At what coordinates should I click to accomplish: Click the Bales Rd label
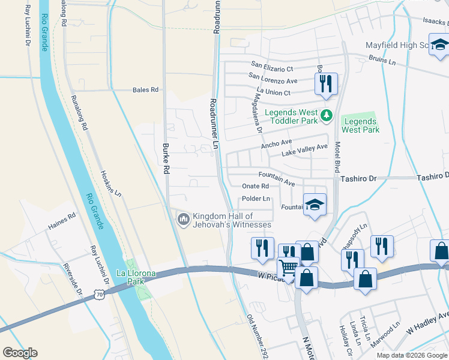[x=145, y=90]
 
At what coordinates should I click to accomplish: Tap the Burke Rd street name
[x=166, y=159]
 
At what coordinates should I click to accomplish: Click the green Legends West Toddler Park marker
[x=327, y=115]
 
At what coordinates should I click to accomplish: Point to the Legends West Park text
[x=360, y=125]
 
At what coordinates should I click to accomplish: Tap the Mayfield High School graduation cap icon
[x=439, y=45]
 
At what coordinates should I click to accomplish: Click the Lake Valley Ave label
[x=305, y=151]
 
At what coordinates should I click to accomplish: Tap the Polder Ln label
[x=257, y=199]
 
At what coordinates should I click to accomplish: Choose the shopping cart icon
[x=289, y=267]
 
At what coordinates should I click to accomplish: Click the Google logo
[x=20, y=353]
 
